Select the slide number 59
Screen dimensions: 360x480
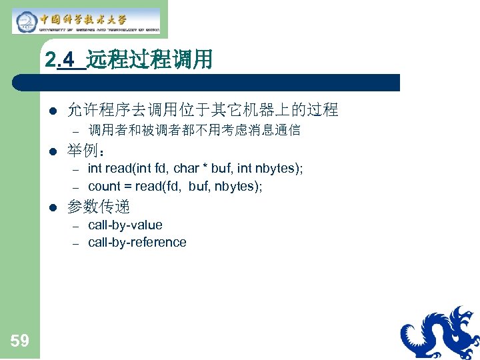[19, 341]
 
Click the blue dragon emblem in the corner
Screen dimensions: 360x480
[440, 333]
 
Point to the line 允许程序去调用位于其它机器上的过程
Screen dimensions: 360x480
[203, 109]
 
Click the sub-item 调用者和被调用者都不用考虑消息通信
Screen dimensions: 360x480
[194, 130]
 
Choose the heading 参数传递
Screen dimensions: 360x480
[99, 207]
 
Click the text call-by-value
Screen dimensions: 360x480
[125, 225]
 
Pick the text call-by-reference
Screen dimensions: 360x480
[137, 243]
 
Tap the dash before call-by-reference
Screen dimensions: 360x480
[75, 243]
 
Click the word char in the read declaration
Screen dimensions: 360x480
[187, 169]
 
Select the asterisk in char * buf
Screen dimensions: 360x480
[205, 168]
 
